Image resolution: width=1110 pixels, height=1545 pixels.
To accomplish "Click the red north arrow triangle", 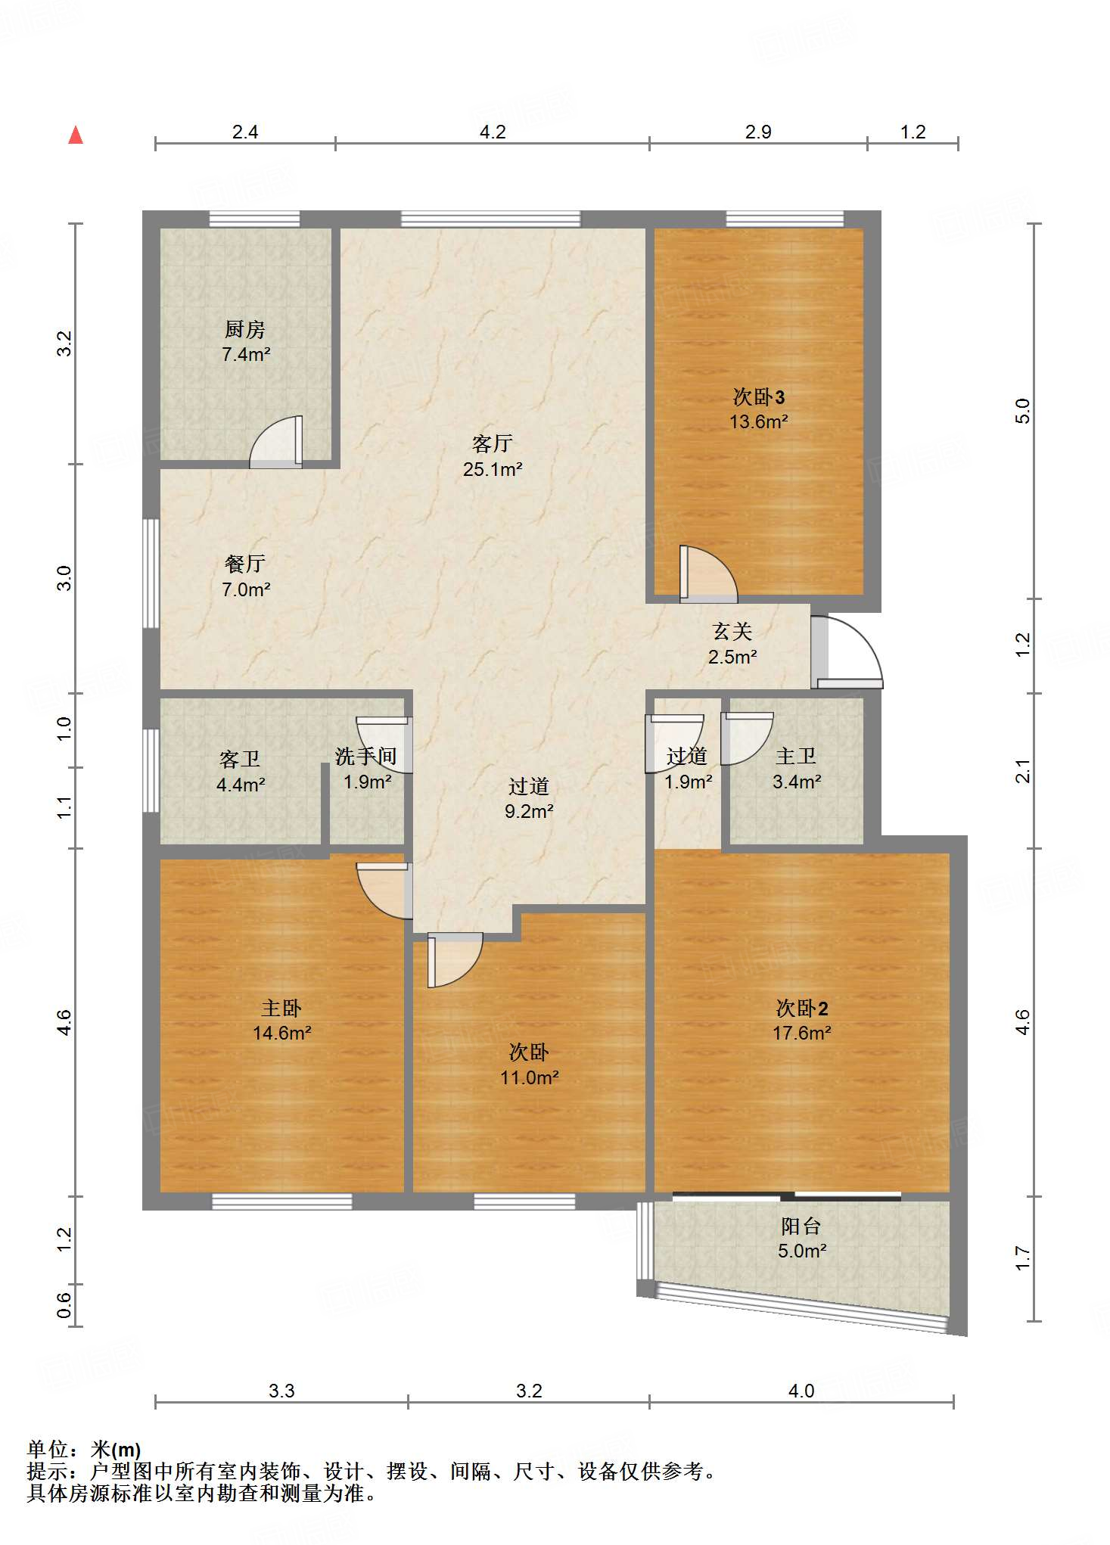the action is click(76, 135).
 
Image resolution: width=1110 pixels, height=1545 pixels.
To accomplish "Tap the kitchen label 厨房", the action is click(245, 329).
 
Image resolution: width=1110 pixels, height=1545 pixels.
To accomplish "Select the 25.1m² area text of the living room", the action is click(493, 469).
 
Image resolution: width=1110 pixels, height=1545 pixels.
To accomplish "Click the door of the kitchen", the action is click(276, 442).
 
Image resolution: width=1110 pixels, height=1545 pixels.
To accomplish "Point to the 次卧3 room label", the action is click(759, 396).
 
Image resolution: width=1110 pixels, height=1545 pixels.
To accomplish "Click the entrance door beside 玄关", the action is click(847, 652).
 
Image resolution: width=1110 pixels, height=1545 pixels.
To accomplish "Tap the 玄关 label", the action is click(732, 631).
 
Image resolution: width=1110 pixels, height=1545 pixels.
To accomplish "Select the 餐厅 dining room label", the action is click(245, 564).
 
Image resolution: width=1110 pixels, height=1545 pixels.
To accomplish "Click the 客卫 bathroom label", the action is click(240, 759).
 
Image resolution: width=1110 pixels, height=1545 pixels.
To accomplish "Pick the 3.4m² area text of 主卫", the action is click(797, 782).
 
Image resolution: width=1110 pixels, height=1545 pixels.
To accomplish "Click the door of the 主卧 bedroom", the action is click(384, 891).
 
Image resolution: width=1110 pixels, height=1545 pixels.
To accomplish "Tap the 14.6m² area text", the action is click(282, 1033).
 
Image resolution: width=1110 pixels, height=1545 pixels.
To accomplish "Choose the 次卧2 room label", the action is click(802, 1008).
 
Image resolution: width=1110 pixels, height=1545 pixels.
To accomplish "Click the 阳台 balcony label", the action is click(801, 1226).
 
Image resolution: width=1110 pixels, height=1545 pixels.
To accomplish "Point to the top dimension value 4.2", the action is click(493, 132).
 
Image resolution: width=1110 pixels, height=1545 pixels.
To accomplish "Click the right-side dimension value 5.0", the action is click(1022, 411).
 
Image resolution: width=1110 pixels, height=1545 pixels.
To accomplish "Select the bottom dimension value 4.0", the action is click(801, 1391).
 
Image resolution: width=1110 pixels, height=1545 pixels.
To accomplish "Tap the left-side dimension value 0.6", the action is click(64, 1305).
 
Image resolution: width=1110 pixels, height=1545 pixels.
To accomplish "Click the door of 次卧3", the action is click(708, 574).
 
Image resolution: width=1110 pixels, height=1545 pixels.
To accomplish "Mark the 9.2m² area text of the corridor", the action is click(529, 812).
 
